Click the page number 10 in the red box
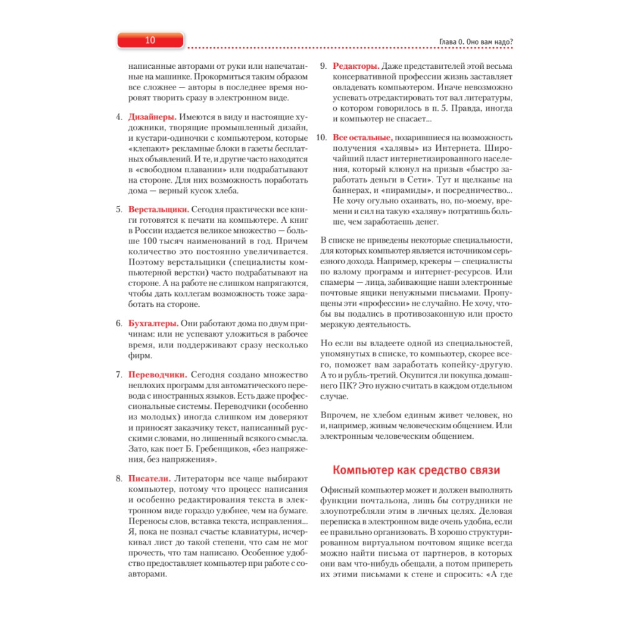[150, 41]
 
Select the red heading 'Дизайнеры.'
[152, 117]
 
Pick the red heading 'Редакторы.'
[356, 65]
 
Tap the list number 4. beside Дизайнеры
[118, 117]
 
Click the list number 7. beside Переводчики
[118, 375]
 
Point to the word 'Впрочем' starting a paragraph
[339, 416]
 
